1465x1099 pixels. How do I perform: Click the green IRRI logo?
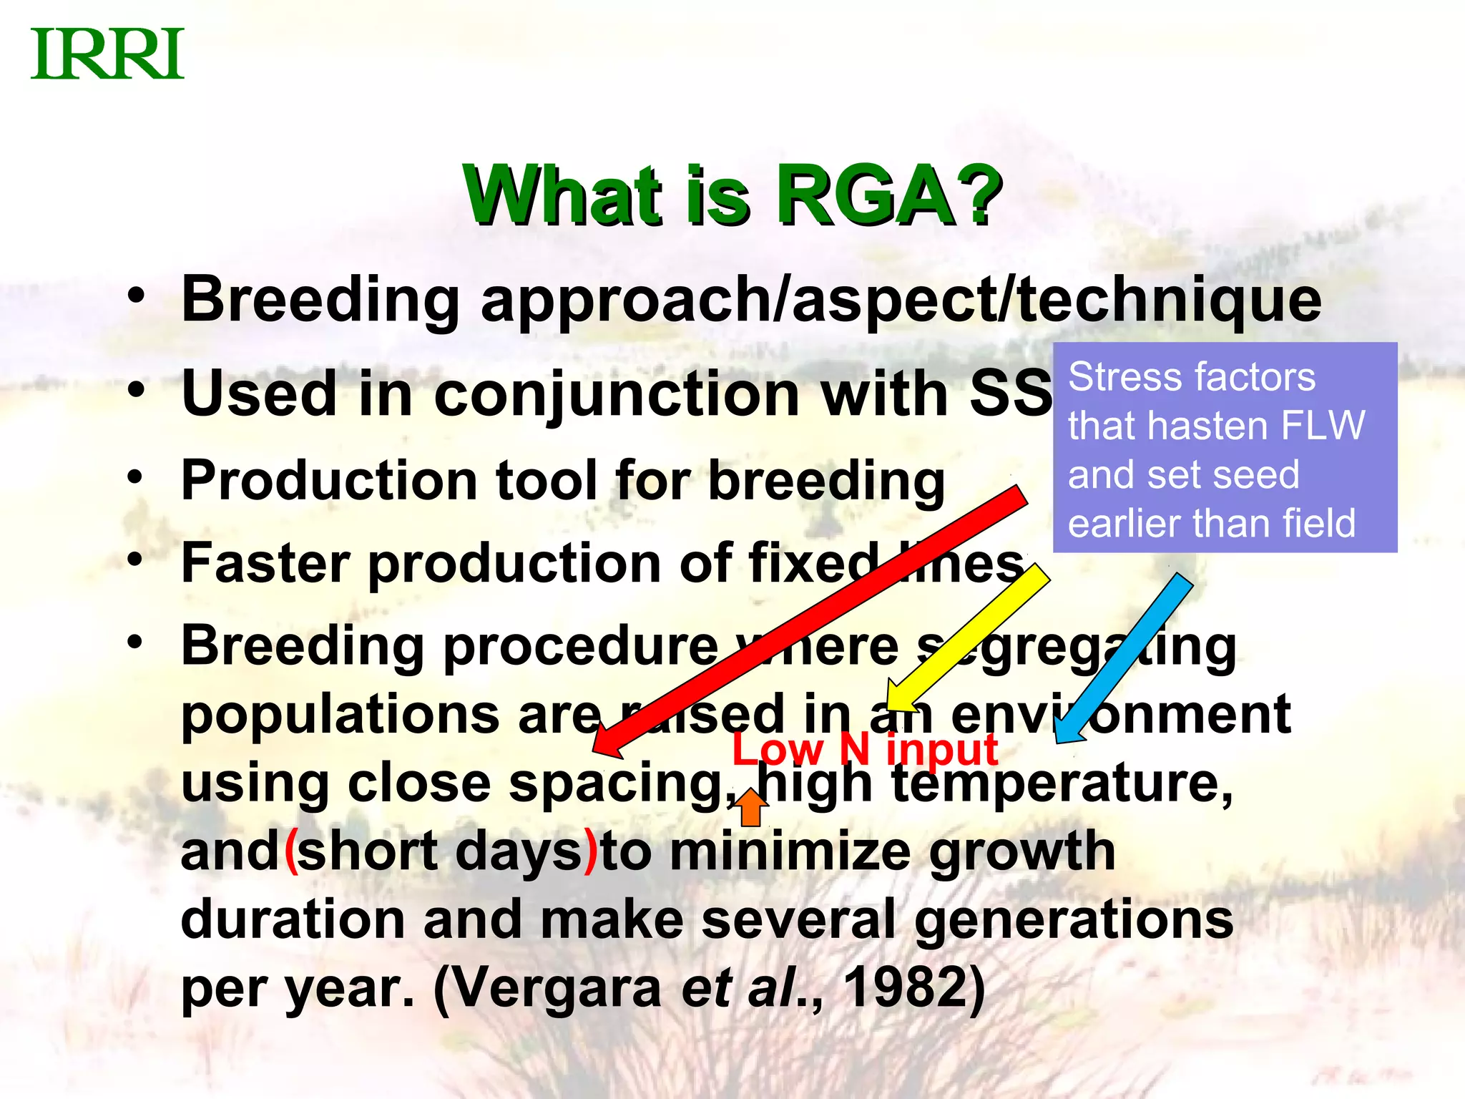click(107, 54)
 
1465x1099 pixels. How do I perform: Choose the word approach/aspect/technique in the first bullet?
click(901, 301)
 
